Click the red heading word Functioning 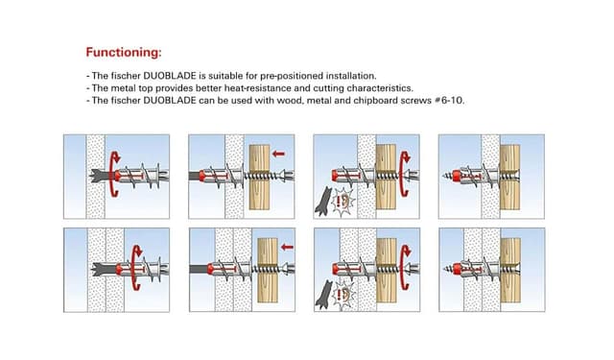click(x=124, y=52)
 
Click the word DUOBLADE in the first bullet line click(x=170, y=76)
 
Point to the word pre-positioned click(x=292, y=76)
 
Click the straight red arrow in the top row click(x=278, y=154)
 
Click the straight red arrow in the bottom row click(x=287, y=247)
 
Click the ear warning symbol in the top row click(x=343, y=201)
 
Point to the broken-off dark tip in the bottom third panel click(x=323, y=295)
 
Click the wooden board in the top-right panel click(x=509, y=177)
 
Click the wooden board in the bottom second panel click(x=268, y=271)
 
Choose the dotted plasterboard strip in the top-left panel click(x=96, y=177)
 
